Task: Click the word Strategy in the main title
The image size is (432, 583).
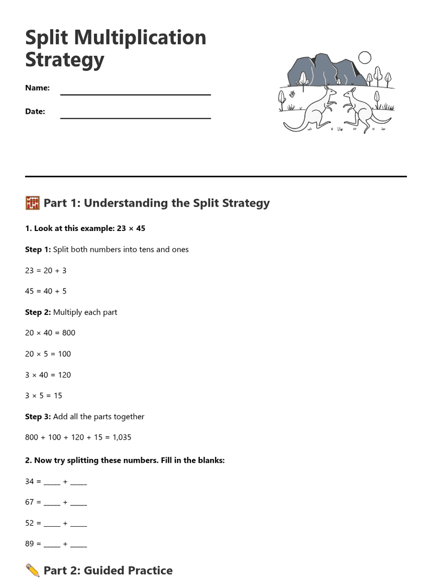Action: [x=65, y=59]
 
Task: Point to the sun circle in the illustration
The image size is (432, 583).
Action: [x=365, y=57]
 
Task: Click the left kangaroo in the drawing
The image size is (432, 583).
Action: [x=314, y=110]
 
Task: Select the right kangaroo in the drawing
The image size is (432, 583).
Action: [x=359, y=110]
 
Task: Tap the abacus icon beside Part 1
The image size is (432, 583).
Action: [x=32, y=203]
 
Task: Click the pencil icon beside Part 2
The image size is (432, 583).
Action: [x=32, y=570]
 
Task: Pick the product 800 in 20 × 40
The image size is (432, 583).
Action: [x=68, y=333]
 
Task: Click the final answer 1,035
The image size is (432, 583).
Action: [x=122, y=437]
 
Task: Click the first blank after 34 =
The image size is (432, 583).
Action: [x=52, y=482]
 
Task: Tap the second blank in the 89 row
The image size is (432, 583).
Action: [x=78, y=544]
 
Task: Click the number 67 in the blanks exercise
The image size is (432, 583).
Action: [x=29, y=502]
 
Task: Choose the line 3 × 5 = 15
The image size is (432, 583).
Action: [x=43, y=395]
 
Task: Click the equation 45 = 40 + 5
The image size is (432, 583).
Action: [x=46, y=291]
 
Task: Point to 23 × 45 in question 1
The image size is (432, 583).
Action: [x=130, y=228]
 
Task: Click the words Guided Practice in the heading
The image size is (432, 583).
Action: [x=128, y=570]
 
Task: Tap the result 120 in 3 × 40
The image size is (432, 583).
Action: [x=64, y=374]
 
